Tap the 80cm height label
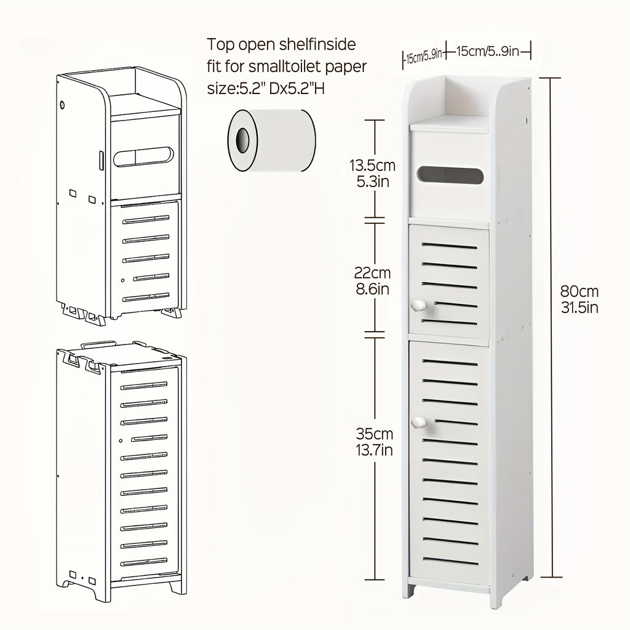[580, 292]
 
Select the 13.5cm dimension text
[372, 165]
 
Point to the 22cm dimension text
[372, 273]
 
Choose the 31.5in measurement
[580, 307]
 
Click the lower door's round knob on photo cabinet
[418, 422]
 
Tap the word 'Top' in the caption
[221, 44]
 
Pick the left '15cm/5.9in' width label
[424, 57]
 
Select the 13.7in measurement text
[372, 451]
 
